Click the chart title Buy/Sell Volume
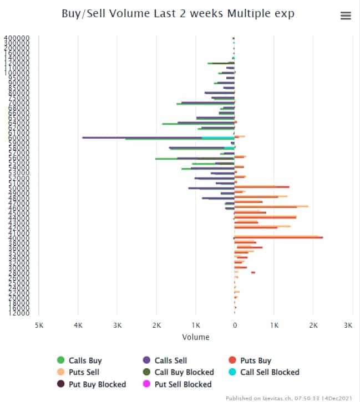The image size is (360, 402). [178, 14]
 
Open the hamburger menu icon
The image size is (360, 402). [346, 16]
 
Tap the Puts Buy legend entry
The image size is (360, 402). [255, 360]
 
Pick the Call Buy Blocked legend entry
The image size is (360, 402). [184, 372]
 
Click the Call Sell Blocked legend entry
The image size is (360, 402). [269, 372]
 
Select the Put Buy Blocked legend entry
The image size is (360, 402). [97, 384]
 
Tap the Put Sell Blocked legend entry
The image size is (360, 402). [182, 384]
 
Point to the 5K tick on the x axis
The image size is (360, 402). [39, 325]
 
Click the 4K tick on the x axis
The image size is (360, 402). [78, 325]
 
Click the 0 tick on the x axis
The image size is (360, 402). [235, 325]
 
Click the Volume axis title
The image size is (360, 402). [195, 337]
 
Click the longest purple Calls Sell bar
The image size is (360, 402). [144, 137]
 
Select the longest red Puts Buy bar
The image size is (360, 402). [277, 237]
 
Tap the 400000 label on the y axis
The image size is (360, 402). [17, 38]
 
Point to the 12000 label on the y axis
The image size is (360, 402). [18, 313]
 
